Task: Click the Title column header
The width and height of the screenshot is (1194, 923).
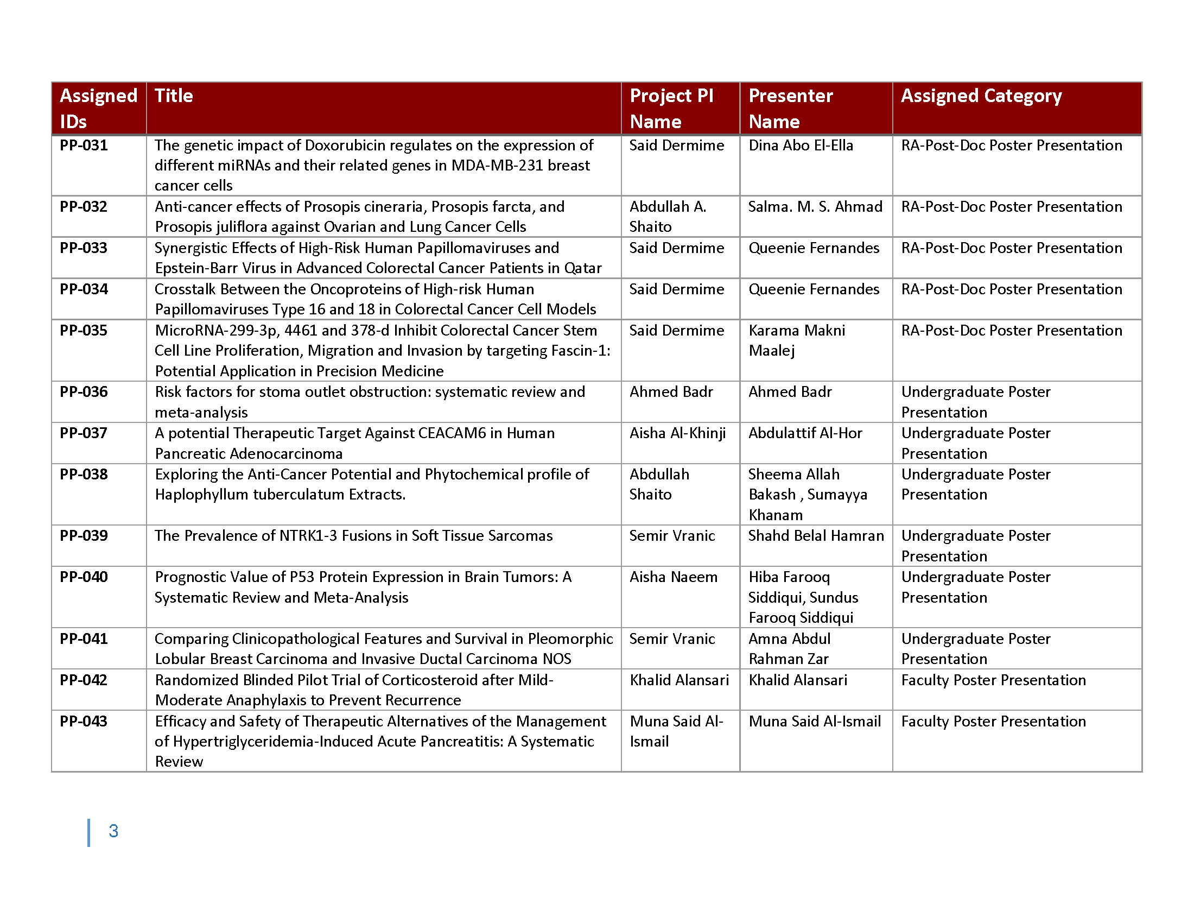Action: click(x=174, y=96)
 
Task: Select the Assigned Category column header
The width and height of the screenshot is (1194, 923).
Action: click(x=981, y=96)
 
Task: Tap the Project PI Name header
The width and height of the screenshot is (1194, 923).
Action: click(x=671, y=108)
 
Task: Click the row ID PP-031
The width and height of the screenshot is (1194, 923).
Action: click(x=84, y=146)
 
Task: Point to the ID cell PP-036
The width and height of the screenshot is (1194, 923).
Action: click(x=84, y=392)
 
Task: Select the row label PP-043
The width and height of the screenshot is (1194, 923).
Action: click(x=84, y=721)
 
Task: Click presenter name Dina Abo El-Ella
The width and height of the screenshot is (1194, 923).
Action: click(x=801, y=146)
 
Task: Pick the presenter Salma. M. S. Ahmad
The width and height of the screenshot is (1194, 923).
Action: click(x=815, y=207)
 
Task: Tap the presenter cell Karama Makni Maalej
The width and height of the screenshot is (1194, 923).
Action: click(x=797, y=340)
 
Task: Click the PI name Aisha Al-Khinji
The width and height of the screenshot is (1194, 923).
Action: click(x=677, y=433)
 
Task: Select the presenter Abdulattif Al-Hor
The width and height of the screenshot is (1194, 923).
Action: click(x=805, y=433)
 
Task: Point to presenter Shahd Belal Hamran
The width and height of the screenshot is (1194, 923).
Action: click(x=816, y=536)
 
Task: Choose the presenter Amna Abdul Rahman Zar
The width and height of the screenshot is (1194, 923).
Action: click(x=789, y=648)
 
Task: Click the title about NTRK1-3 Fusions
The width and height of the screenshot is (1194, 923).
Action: click(x=354, y=536)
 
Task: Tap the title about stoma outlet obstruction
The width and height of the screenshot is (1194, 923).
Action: click(x=370, y=402)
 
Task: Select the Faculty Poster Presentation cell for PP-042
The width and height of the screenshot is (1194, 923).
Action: click(x=993, y=680)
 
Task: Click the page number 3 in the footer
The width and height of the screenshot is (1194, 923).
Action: click(x=113, y=831)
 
